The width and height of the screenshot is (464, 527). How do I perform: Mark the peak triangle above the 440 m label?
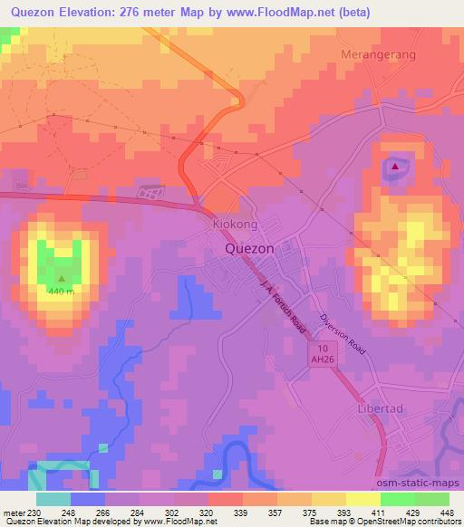tap(63, 279)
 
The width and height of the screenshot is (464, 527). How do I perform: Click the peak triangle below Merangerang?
tap(395, 165)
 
